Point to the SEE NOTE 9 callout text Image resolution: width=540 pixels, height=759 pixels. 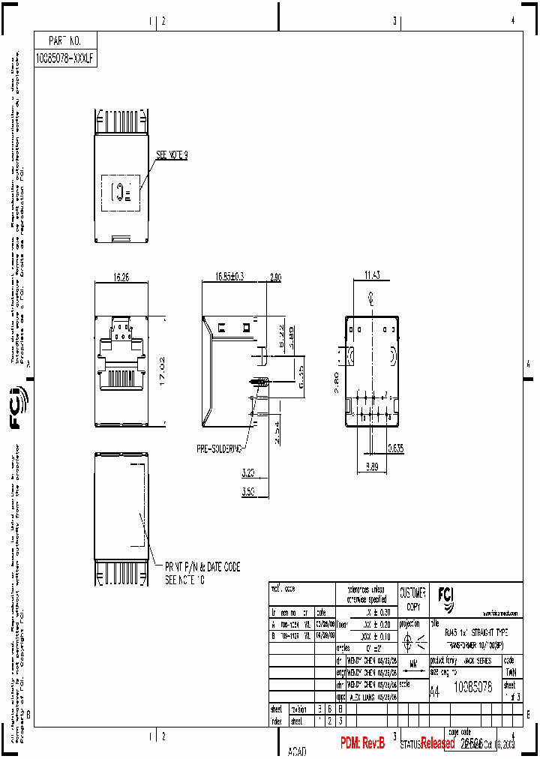(x=171, y=155)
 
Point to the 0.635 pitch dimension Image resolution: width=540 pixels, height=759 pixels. (x=397, y=448)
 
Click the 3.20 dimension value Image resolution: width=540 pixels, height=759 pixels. (x=249, y=474)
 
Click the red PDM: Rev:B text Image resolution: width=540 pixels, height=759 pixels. (x=362, y=743)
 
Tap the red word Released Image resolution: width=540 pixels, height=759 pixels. (x=437, y=743)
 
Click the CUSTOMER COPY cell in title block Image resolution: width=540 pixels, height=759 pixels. (x=412, y=598)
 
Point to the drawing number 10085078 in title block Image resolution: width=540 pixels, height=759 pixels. (x=473, y=687)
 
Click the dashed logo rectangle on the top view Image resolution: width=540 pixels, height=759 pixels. (x=121, y=192)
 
